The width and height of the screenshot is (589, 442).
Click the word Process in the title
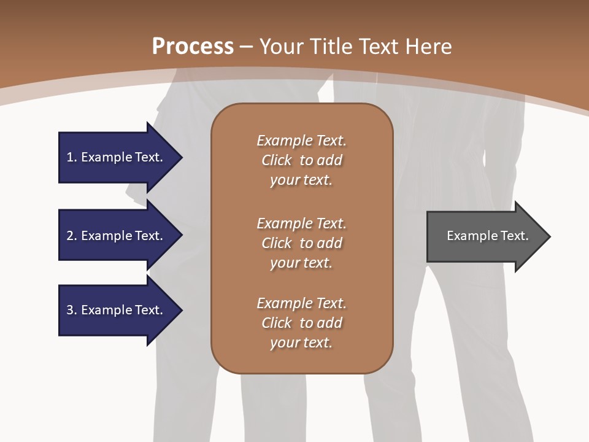pyautogui.click(x=193, y=47)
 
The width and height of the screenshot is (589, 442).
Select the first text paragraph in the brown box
pyautogui.click(x=301, y=160)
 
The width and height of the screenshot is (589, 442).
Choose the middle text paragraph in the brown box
pyautogui.click(x=301, y=243)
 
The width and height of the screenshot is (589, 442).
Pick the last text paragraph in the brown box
pyautogui.click(x=301, y=323)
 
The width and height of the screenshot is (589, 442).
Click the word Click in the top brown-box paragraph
pyautogui.click(x=277, y=160)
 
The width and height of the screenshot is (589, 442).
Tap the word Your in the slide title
pyautogui.click(x=280, y=47)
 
